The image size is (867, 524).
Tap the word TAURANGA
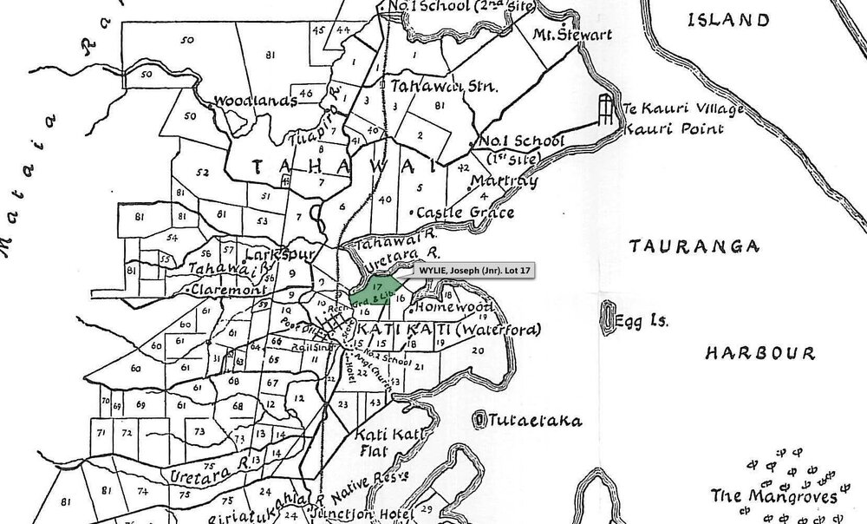click(681, 247)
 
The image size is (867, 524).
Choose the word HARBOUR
click(759, 353)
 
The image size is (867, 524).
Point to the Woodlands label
click(256, 101)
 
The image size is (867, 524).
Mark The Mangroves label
click(774, 496)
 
